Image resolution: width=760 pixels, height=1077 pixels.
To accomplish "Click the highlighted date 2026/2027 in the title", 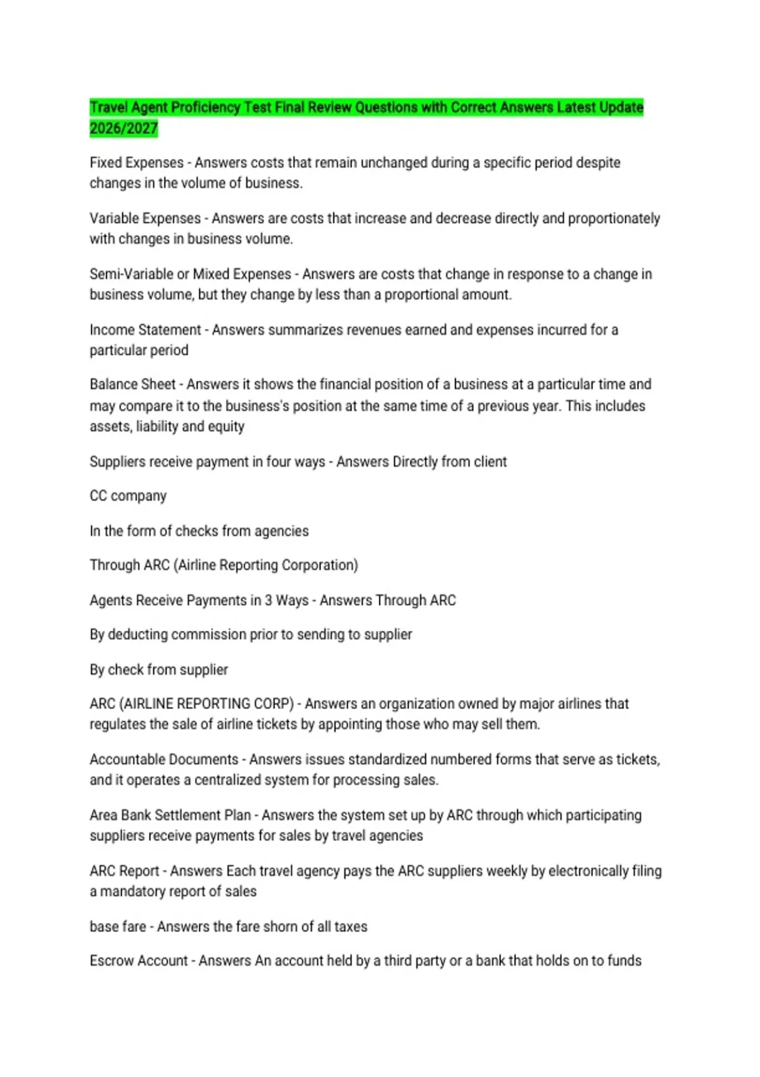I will click(123, 129).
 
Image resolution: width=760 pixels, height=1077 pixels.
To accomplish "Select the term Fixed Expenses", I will click(136, 163).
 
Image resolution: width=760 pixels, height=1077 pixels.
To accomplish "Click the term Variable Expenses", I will click(145, 219).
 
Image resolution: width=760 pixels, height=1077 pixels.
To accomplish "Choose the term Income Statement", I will click(145, 330).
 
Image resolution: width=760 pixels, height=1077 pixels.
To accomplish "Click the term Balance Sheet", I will click(132, 385).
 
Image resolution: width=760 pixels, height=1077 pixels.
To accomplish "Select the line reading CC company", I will click(128, 496).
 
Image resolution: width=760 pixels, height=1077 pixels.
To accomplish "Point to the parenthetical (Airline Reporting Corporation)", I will click(266, 565).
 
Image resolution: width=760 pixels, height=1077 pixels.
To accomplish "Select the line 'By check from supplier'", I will click(158, 670).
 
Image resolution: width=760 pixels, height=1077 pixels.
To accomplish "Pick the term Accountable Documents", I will click(164, 760).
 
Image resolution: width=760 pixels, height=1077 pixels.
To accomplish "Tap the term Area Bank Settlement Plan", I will click(170, 815).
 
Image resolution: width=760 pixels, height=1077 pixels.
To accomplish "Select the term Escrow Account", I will click(139, 961).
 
